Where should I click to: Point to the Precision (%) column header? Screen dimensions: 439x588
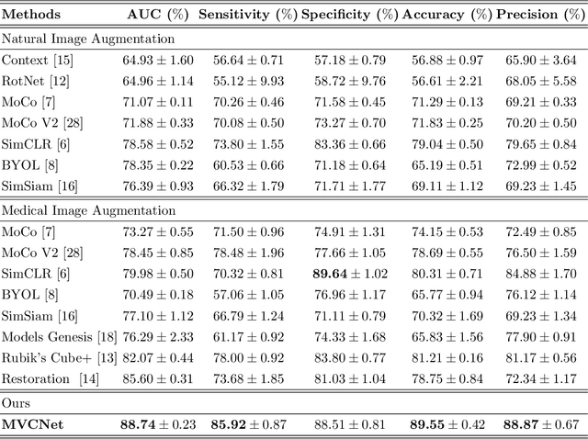(x=539, y=16)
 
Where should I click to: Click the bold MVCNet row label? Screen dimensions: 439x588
(x=38, y=424)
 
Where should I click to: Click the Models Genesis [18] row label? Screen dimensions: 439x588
(x=56, y=337)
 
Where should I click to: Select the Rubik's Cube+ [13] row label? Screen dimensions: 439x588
(x=59, y=357)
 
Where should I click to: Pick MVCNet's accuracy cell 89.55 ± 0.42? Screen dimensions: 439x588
(x=445, y=424)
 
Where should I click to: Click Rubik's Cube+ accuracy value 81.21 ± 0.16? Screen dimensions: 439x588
(x=445, y=357)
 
